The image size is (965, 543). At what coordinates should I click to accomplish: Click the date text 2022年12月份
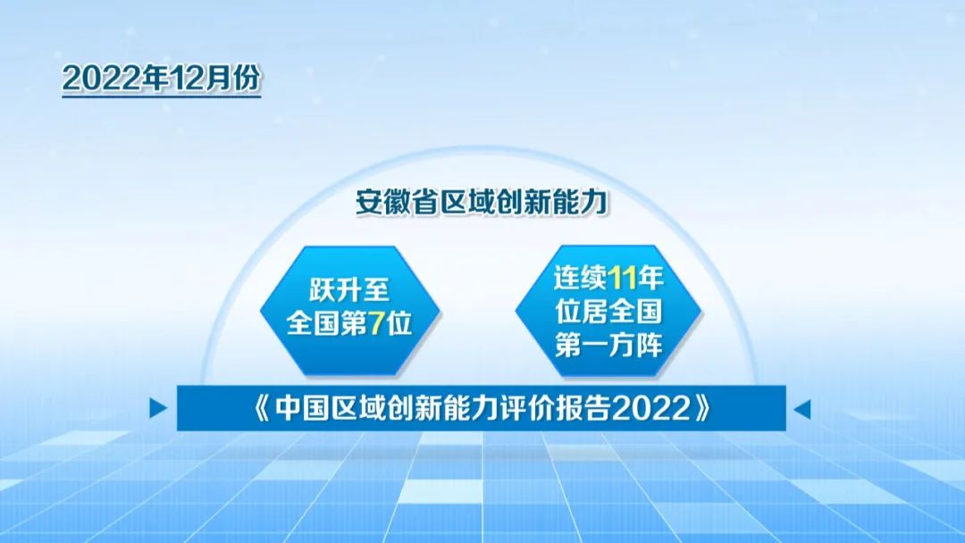click(x=161, y=79)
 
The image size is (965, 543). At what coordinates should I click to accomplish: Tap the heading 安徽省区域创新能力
click(x=482, y=203)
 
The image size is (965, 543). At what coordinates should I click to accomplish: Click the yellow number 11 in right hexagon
click(x=622, y=278)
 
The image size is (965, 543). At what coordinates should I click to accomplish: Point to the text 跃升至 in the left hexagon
click(x=349, y=290)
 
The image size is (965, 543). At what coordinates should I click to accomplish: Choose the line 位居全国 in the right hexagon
click(x=608, y=311)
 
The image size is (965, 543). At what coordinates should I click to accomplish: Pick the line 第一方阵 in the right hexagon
click(x=608, y=345)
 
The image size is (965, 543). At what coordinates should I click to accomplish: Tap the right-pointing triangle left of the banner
click(x=158, y=408)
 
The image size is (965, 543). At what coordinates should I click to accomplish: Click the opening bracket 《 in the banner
click(x=263, y=408)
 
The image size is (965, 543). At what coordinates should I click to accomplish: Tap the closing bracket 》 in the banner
click(x=702, y=408)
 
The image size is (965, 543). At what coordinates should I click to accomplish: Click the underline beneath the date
click(x=161, y=96)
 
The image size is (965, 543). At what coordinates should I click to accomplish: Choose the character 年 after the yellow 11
click(x=650, y=278)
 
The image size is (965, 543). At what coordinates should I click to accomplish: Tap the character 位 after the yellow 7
click(x=399, y=323)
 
